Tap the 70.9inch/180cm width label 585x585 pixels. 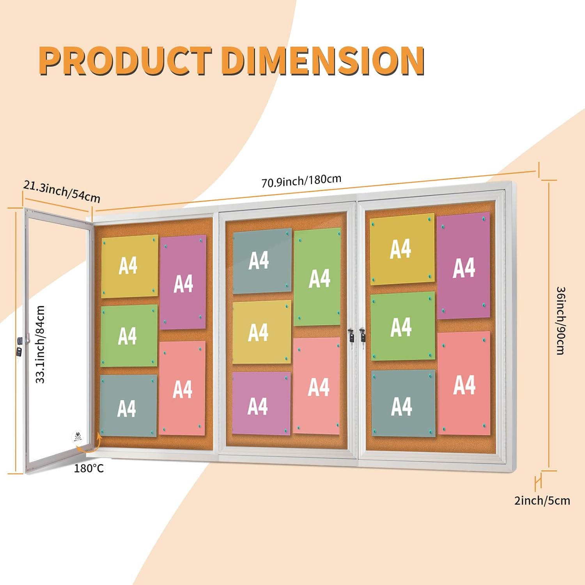click(301, 181)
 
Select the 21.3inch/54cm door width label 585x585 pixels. click(62, 191)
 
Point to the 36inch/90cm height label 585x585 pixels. click(560, 321)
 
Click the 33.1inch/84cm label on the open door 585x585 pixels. click(41, 344)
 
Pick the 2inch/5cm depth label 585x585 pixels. click(542, 500)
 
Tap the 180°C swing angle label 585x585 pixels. click(89, 468)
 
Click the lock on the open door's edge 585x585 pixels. click(19, 346)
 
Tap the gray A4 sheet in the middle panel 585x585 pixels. click(262, 261)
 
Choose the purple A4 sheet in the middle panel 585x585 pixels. click(261, 403)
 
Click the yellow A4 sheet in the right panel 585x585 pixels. click(402, 249)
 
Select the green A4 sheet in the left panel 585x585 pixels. click(129, 335)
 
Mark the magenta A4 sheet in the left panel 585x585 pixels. click(183, 282)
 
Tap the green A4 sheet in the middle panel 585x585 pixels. click(317, 277)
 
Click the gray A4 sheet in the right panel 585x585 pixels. click(403, 403)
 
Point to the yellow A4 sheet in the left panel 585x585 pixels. click(129, 266)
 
